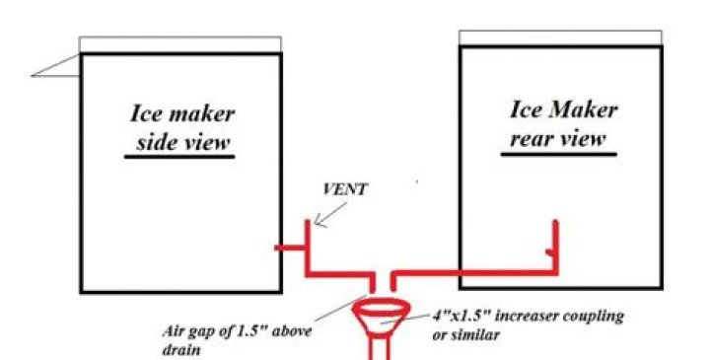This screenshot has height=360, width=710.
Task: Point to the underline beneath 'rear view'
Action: click(x=557, y=153)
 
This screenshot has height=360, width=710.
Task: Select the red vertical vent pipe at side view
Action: click(x=308, y=242)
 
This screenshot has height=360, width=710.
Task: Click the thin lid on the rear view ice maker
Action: click(x=558, y=37)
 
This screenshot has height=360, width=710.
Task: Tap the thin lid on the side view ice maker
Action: click(x=180, y=44)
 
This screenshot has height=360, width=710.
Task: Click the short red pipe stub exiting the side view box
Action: click(x=292, y=247)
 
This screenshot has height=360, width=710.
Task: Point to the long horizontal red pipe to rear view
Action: click(x=473, y=268)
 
